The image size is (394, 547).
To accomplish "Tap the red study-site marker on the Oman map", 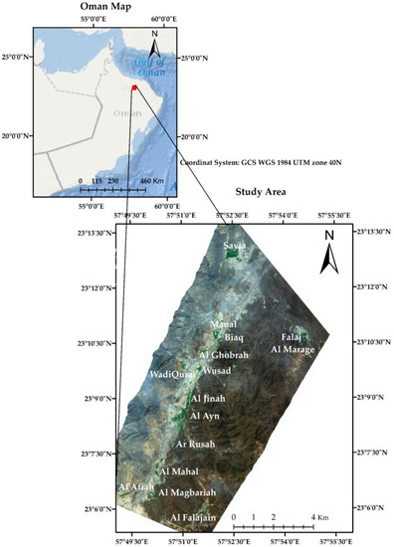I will [133, 89].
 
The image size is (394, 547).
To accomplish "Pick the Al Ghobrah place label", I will [224, 355].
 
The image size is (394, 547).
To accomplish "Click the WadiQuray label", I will [174, 375].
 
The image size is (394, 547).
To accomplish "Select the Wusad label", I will [217, 371].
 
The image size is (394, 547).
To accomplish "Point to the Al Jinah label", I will [208, 399].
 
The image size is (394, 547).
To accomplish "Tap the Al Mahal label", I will [180, 470].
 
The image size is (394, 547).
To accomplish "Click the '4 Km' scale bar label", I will [319, 518].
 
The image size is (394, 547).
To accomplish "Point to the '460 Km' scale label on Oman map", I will [150, 181].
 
